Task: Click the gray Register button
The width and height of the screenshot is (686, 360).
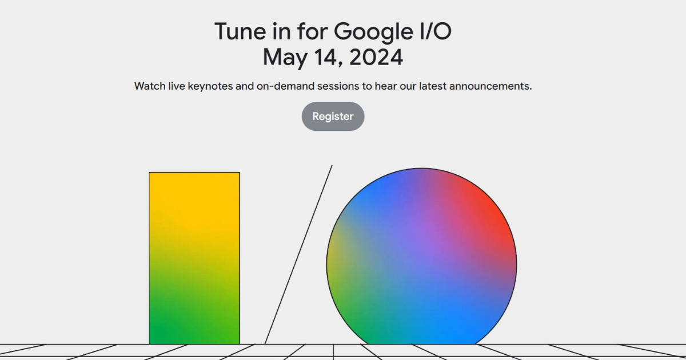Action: click(333, 117)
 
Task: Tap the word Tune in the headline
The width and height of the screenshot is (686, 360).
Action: click(240, 31)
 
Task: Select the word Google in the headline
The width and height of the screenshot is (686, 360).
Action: click(373, 32)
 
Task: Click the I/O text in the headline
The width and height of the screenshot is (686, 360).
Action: click(436, 31)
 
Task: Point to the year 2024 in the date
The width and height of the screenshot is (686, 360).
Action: click(376, 57)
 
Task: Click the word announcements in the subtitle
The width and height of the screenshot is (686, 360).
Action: click(490, 86)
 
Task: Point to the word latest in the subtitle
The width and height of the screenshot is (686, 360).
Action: click(433, 86)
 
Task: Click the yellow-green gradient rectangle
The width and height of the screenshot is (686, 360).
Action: click(194, 258)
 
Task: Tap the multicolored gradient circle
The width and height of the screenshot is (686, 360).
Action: click(421, 256)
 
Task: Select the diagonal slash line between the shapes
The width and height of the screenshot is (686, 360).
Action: click(298, 255)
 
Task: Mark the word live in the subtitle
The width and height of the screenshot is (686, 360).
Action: click(177, 86)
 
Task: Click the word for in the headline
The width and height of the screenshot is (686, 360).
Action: click(312, 31)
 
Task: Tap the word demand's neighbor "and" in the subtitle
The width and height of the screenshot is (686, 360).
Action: click(245, 86)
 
